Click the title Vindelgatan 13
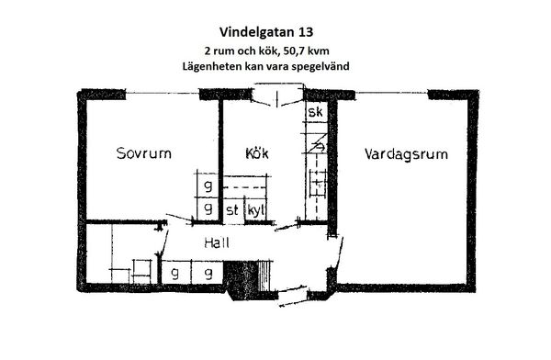coord(266,32)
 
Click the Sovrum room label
coord(144,153)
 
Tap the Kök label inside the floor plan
coord(257,153)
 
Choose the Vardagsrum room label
coord(406,154)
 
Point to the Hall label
coord(217,242)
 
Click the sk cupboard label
coord(315,112)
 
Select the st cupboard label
coord(232,210)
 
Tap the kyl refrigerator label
coord(256,210)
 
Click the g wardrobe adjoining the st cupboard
coord(208,209)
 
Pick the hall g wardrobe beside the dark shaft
coord(208,273)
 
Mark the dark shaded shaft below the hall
coord(242,279)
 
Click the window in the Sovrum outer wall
coord(163,93)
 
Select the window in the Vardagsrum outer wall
coord(391,93)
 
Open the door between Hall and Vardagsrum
coord(338,252)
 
